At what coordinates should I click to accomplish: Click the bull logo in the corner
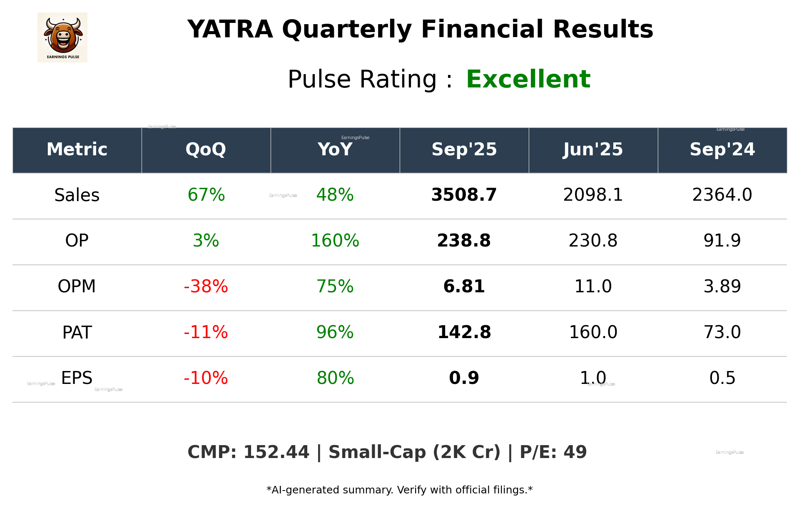pyautogui.click(x=62, y=37)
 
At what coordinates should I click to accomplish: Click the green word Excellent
pyautogui.click(x=528, y=79)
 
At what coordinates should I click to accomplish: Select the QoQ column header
pyautogui.click(x=206, y=149)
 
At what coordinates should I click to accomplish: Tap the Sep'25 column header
pyautogui.click(x=464, y=149)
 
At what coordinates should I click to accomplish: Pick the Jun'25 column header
pyautogui.click(x=593, y=149)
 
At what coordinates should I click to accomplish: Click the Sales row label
pyautogui.click(x=77, y=195)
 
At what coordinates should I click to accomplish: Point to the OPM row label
pyautogui.click(x=77, y=286)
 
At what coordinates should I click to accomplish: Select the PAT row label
pyautogui.click(x=77, y=332)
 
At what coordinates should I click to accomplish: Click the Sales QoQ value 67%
pyautogui.click(x=206, y=195)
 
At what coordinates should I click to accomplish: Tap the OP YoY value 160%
pyautogui.click(x=335, y=241)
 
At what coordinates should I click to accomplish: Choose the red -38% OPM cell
pyautogui.click(x=206, y=286)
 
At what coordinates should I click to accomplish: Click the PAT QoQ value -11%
pyautogui.click(x=206, y=332)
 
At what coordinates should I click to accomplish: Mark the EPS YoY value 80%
pyautogui.click(x=335, y=378)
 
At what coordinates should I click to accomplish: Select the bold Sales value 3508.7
pyautogui.click(x=464, y=195)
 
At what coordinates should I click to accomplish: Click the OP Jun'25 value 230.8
pyautogui.click(x=593, y=241)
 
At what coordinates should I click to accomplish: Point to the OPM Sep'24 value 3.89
pyautogui.click(x=722, y=286)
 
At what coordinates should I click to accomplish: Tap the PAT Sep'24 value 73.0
pyautogui.click(x=722, y=332)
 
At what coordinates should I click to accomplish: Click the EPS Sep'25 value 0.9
pyautogui.click(x=464, y=378)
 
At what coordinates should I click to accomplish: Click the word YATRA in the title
pyautogui.click(x=230, y=30)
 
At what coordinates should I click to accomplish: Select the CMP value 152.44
pyautogui.click(x=276, y=452)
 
